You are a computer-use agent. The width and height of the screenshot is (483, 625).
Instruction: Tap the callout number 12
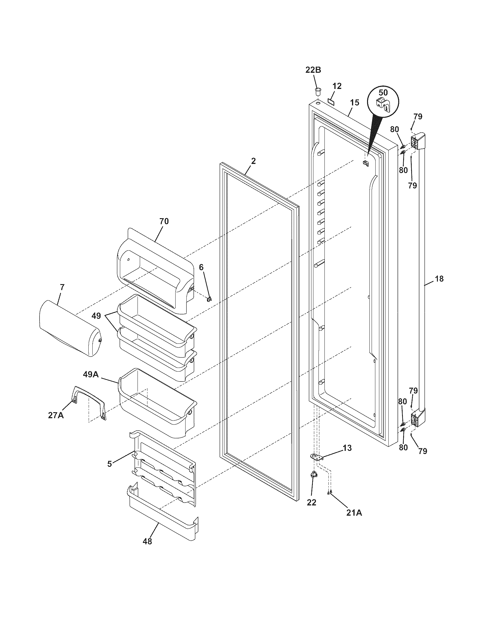[x=337, y=86]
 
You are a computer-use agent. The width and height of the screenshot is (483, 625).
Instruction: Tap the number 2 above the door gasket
[x=253, y=161]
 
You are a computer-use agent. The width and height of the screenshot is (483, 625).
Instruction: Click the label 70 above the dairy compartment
[x=164, y=221]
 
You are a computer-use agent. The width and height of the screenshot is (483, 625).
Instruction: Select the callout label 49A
[x=91, y=374]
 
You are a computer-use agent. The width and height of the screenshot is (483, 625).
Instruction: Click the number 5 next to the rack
[x=109, y=464]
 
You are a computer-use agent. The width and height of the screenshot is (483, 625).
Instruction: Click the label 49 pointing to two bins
[x=96, y=316]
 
